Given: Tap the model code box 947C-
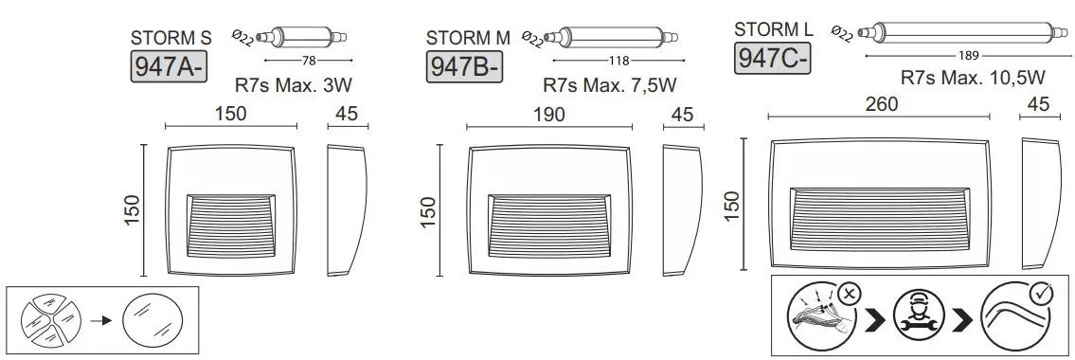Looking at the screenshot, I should coord(772,58).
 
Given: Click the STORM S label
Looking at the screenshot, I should coord(170,39).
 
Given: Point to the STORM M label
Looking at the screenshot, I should coord(468,38).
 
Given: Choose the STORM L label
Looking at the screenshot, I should coord(774,30).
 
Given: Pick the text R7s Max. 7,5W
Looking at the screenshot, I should coord(609,85).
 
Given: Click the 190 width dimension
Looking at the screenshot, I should coord(549,115).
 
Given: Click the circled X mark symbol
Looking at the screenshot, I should coord(849,293).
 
